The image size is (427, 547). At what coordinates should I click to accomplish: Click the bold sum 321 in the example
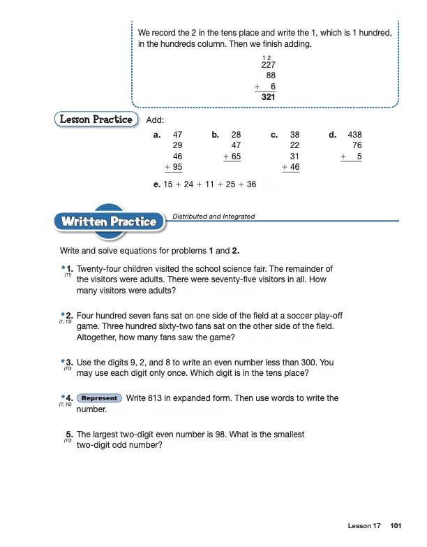(x=267, y=98)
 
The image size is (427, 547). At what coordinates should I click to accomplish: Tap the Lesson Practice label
(x=96, y=119)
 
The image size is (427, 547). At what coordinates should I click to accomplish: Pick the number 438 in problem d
(x=354, y=135)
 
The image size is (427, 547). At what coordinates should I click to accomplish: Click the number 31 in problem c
(x=294, y=157)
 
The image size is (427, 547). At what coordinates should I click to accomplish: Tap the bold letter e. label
(x=156, y=185)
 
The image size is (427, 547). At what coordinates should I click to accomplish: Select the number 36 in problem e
(x=251, y=185)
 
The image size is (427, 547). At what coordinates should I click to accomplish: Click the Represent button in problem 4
(x=98, y=398)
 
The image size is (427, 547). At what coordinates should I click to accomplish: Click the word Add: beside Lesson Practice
(x=155, y=120)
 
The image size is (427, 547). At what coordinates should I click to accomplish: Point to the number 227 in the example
(x=267, y=64)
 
